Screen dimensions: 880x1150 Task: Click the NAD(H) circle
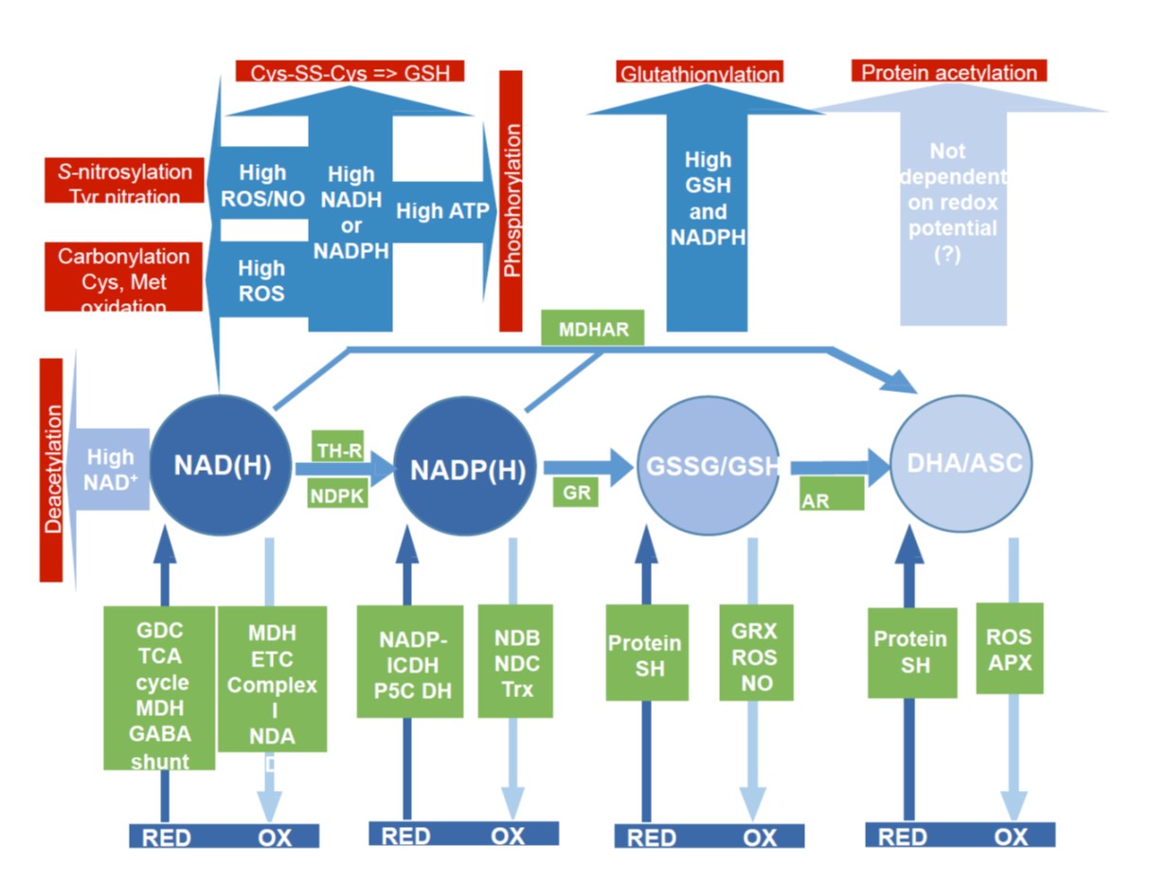click(222, 466)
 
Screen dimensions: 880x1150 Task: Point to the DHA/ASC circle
click(962, 463)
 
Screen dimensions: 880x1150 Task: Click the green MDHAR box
click(592, 328)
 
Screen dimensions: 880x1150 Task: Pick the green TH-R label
click(338, 449)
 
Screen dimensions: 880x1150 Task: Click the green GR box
click(576, 492)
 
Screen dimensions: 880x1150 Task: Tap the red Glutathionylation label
click(700, 73)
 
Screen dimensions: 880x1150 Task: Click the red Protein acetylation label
click(949, 72)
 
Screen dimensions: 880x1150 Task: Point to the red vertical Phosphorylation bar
click(511, 202)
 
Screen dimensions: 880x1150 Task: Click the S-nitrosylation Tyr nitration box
click(124, 181)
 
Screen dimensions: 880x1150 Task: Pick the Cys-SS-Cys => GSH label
click(350, 71)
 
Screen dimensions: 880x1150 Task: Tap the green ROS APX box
click(1009, 648)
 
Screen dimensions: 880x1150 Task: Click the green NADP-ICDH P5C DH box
click(410, 661)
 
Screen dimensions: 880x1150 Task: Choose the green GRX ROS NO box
click(754, 654)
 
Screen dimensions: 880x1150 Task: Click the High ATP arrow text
click(441, 210)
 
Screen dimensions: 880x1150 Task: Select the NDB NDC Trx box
click(516, 660)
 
